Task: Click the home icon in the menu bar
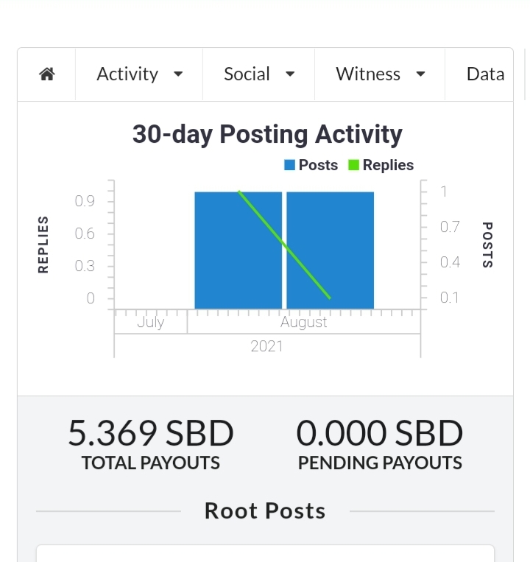(47, 74)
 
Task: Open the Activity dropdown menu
(140, 74)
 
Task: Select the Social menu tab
(259, 74)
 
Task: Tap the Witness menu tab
(381, 74)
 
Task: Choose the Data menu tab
(485, 74)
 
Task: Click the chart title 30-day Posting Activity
(267, 134)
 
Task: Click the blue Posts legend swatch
(289, 165)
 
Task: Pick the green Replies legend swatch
(353, 165)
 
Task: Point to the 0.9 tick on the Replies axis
(85, 201)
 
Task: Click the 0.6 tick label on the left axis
(85, 233)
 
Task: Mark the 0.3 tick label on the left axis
(85, 266)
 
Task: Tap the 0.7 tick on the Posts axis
(450, 227)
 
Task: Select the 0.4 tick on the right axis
(450, 262)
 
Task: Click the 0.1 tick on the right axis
(449, 298)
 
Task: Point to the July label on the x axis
(151, 322)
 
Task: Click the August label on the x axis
(304, 323)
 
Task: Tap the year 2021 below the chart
(266, 347)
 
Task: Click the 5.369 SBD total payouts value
(151, 433)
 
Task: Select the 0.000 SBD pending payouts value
(380, 433)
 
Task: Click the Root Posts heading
(265, 510)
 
